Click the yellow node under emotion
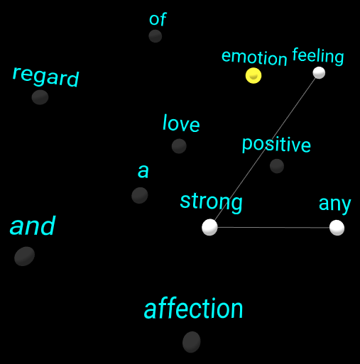pos(253,75)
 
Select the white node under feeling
pos(319,72)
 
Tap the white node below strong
pos(209,227)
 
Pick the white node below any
pos(337,228)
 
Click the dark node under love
pos(179,146)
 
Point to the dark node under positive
pos(277,166)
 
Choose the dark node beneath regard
pos(40,97)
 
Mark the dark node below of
pos(156,36)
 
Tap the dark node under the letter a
pos(140,195)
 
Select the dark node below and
pos(24,256)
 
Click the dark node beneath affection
pos(192,342)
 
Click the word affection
pos(193,309)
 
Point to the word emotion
pos(254,57)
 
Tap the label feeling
pos(318,56)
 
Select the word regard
pos(45,77)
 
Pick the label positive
pos(276,145)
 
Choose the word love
pos(181,123)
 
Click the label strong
pos(211,202)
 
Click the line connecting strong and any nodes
pos(273,228)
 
